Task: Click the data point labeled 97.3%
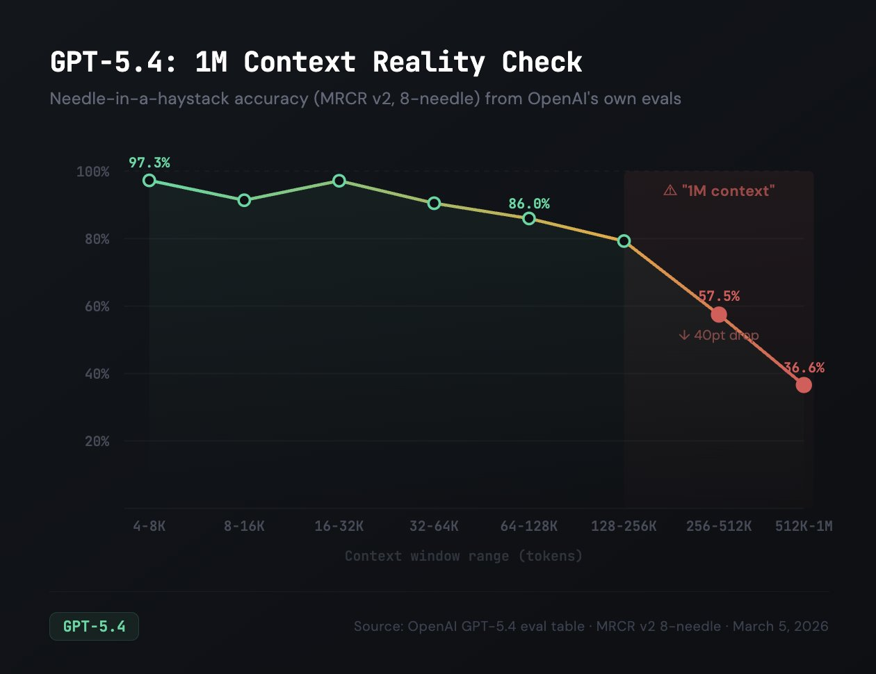[149, 180]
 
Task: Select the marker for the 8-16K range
[244, 200]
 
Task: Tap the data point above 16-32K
[339, 181]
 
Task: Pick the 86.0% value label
[528, 204]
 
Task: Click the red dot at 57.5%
[719, 315]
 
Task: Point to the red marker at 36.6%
[804, 385]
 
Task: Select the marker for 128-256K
[624, 241]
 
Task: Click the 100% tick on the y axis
[92, 172]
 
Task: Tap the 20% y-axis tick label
[97, 441]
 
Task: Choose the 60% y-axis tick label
[97, 306]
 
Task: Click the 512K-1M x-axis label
[804, 526]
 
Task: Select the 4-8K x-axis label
[149, 526]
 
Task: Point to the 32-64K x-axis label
[434, 526]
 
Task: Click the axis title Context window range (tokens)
[463, 556]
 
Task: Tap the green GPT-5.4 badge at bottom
[94, 626]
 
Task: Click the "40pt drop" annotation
[719, 335]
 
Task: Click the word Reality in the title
[428, 63]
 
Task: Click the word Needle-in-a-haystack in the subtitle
[140, 99]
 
